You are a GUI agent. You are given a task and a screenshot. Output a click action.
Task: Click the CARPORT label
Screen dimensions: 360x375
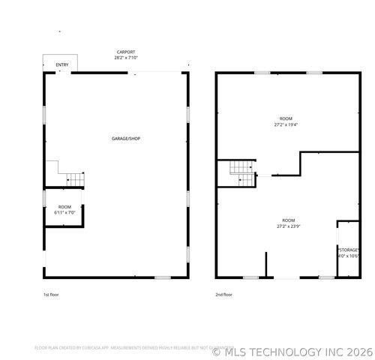point(126,52)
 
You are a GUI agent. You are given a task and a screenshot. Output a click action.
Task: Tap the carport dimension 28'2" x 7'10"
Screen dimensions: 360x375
point(126,57)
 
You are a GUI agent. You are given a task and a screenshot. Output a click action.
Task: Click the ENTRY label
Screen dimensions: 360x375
point(62,65)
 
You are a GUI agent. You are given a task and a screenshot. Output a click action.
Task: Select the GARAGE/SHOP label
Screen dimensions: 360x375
point(125,139)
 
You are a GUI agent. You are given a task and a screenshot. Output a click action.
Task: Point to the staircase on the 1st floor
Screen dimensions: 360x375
point(74,178)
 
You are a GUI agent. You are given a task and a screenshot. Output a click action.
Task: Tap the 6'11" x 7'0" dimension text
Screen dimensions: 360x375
point(64,213)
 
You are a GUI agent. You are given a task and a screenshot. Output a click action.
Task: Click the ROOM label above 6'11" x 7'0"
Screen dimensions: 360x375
point(64,207)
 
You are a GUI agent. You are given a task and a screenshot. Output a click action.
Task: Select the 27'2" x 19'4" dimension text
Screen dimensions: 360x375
point(286,124)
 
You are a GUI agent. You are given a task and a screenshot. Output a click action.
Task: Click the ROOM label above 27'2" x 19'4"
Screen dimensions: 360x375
point(286,118)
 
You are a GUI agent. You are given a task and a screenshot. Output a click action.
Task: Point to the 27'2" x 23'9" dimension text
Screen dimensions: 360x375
point(288,226)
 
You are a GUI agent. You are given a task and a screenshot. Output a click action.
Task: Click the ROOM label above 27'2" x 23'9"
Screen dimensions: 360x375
point(288,220)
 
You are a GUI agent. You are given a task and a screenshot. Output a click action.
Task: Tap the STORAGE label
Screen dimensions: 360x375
point(348,249)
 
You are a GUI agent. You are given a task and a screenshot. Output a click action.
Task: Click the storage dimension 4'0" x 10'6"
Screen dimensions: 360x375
point(348,255)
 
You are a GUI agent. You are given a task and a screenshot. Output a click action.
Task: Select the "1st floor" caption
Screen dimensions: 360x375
point(51,295)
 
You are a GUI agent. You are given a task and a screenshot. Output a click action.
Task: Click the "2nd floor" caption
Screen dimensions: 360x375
point(223,295)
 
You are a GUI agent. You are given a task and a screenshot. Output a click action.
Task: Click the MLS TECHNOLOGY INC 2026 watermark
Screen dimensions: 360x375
point(292,349)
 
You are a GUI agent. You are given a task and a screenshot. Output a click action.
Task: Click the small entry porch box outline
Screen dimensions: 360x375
point(55,64)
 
